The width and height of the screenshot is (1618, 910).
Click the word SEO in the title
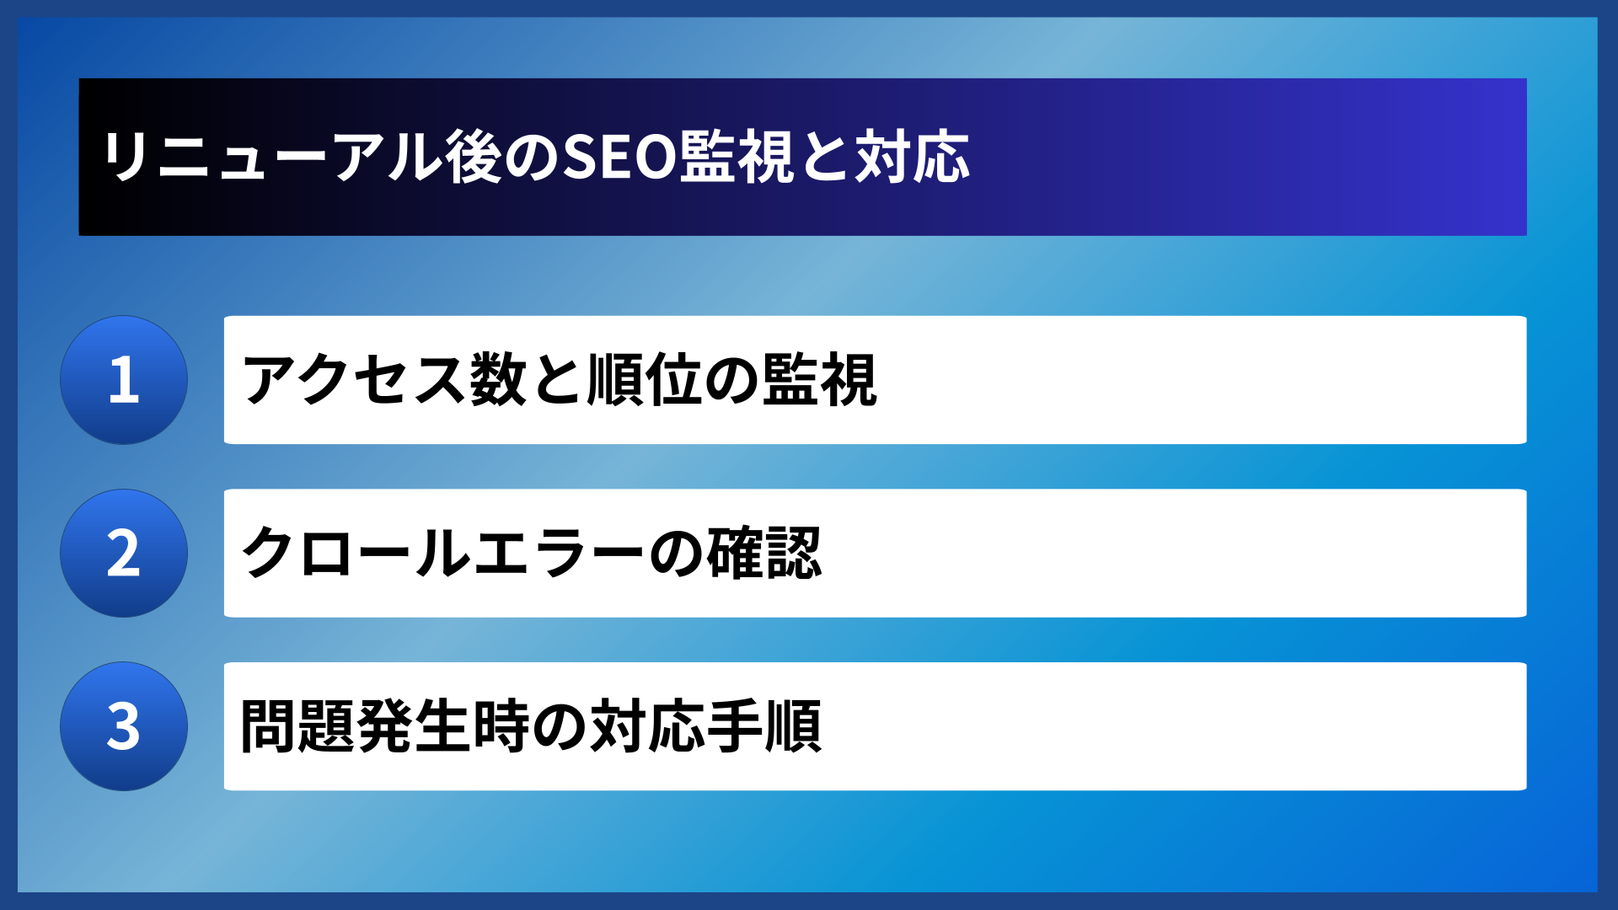point(619,158)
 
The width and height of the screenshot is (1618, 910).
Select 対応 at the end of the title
point(913,158)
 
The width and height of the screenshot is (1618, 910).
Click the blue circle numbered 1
point(124,380)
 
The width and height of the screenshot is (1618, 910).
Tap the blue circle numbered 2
point(124,554)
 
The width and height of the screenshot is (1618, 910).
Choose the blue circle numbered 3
point(124,726)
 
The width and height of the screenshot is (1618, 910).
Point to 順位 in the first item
point(645,380)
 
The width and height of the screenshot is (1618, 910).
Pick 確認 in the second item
point(763,554)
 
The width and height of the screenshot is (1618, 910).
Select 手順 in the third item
point(763,726)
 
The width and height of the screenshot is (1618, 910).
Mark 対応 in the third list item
point(646,726)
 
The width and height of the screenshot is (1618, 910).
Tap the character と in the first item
point(557,380)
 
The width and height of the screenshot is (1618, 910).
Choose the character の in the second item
point(675,554)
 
